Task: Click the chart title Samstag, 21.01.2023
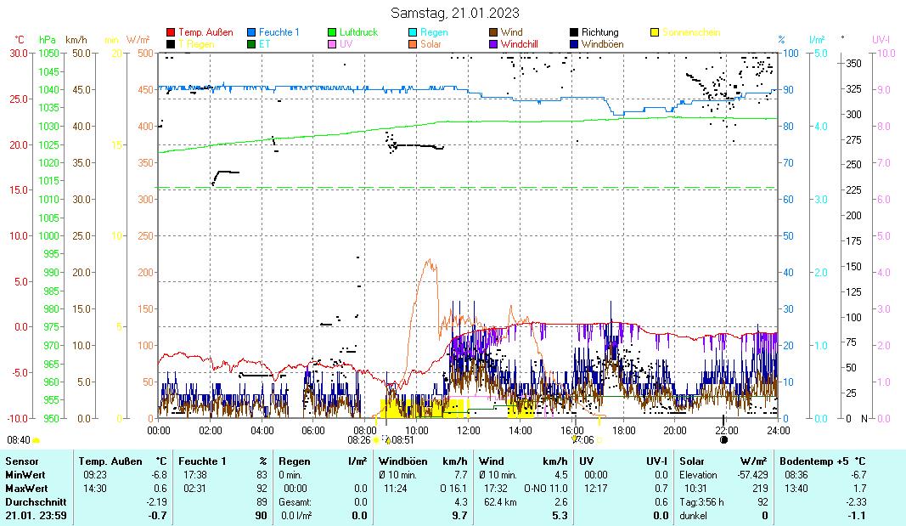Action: pyautogui.click(x=455, y=13)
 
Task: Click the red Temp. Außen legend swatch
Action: pyautogui.click(x=171, y=33)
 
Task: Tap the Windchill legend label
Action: pyautogui.click(x=524, y=44)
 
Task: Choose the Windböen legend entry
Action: pyautogui.click(x=604, y=44)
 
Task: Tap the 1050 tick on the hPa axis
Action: pyautogui.click(x=48, y=53)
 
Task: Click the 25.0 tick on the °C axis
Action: pyautogui.click(x=19, y=99)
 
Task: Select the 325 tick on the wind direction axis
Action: pyautogui.click(x=853, y=89)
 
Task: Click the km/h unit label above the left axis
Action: pyautogui.click(x=76, y=40)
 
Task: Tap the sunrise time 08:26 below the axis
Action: pyautogui.click(x=359, y=440)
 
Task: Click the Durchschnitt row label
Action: pyautogui.click(x=31, y=501)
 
